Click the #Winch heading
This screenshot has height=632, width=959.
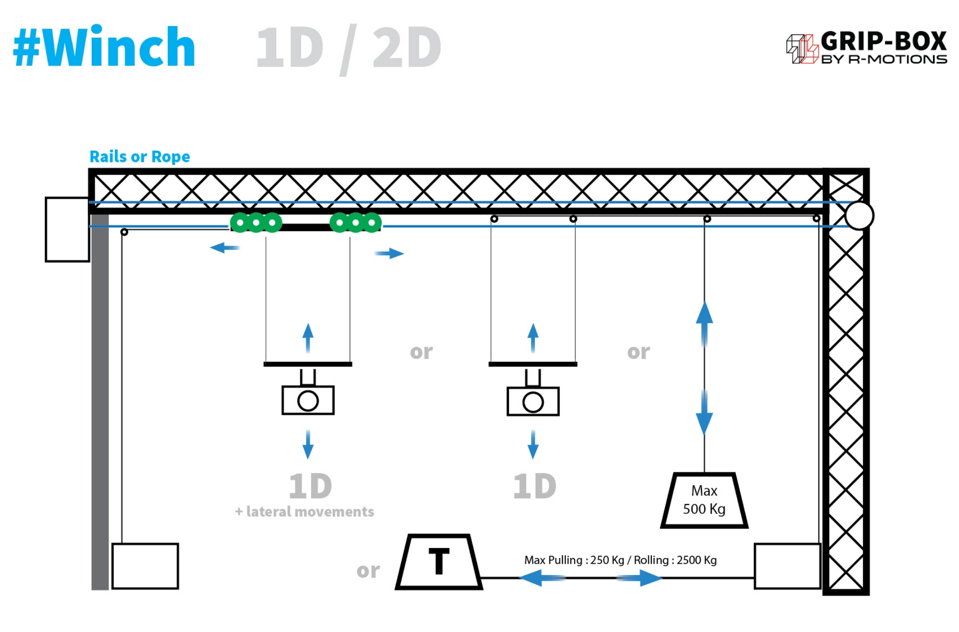104,47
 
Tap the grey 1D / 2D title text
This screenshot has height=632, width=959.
348,48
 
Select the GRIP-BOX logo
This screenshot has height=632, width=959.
866,48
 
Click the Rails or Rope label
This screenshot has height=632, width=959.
140,157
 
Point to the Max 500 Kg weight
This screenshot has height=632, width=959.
704,500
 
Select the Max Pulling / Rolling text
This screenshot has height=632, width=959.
620,560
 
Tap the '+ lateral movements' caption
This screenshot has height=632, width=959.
305,512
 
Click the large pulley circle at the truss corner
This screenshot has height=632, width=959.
859,215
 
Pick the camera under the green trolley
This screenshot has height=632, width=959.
308,400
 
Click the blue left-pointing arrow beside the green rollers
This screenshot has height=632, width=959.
224,248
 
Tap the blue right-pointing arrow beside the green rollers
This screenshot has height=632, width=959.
389,253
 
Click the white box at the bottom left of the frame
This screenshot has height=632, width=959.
145,566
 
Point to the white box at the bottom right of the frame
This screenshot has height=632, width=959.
787,566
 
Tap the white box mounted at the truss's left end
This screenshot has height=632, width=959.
67,230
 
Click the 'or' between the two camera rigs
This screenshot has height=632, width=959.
421,352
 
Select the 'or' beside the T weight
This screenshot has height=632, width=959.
368,571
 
